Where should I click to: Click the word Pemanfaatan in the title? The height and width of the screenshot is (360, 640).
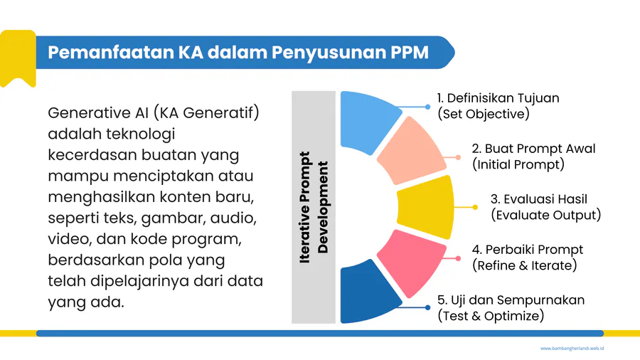pos(110,53)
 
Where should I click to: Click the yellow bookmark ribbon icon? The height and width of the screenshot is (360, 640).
pos(18,58)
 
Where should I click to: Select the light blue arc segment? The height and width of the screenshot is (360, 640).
pos(368,121)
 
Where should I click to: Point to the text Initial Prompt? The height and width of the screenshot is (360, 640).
pos(518,164)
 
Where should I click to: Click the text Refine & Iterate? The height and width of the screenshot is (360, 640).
pos(525,265)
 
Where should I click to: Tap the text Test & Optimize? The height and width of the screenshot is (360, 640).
pos(491,316)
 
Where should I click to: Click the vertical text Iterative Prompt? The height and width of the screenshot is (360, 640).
pos(305,207)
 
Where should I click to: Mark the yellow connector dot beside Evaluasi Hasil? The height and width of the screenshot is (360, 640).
pos(475,207)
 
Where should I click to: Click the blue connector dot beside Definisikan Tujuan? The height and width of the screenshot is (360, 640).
pos(427,107)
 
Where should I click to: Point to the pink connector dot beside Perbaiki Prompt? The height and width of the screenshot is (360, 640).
pos(458,258)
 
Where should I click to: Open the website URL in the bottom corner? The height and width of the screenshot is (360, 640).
pos(572,349)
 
